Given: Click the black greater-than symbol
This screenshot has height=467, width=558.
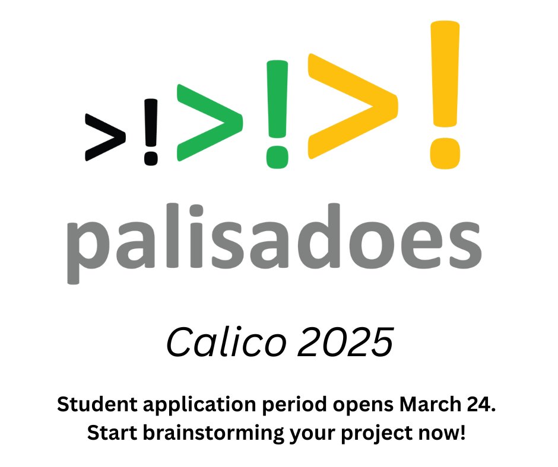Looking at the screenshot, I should click(106, 136).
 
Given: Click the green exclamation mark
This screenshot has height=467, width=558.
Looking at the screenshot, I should click(277, 113).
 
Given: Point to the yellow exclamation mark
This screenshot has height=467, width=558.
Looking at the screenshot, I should click(445, 92).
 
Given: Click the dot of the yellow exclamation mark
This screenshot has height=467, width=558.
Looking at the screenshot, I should click(445, 152).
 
